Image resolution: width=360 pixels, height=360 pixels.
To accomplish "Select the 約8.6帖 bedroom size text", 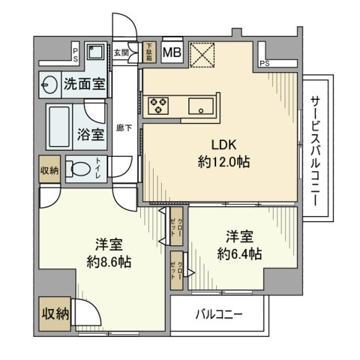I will tap(109, 262).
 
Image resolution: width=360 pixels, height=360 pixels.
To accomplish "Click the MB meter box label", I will tap(172, 52).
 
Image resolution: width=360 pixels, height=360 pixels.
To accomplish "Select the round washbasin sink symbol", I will tap(50, 83).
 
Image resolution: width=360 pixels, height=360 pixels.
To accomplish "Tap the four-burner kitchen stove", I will tap(160, 105).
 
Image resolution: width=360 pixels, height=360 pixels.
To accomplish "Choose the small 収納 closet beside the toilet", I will tap(49, 169).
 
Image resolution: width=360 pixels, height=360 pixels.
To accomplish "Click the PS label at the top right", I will tap(265, 64).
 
